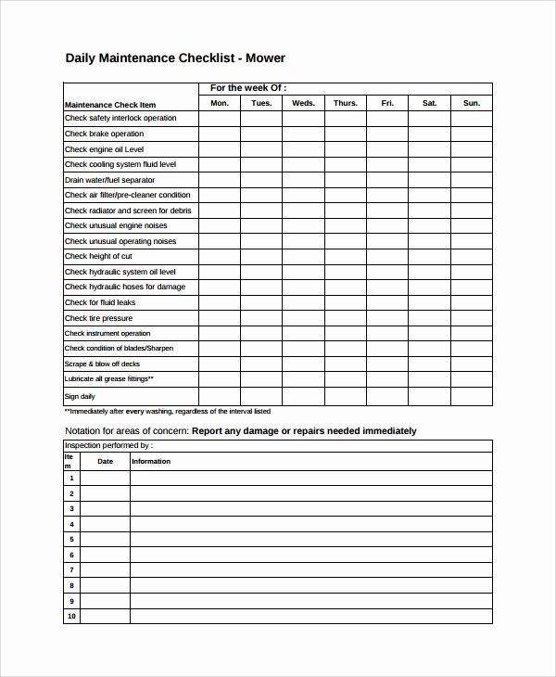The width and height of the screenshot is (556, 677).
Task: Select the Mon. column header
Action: pyautogui.click(x=220, y=103)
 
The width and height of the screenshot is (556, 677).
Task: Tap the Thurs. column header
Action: pyautogui.click(x=345, y=103)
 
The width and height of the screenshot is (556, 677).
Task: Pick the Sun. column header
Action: pyautogui.click(x=472, y=103)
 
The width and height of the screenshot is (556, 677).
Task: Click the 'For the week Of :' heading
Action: pyautogui.click(x=248, y=88)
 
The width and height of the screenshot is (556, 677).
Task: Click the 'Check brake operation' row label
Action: pyautogui.click(x=105, y=134)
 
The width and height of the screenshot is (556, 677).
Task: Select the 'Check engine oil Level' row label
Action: pyautogui.click(x=104, y=149)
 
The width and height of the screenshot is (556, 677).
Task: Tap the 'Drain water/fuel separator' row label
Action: pyautogui.click(x=109, y=180)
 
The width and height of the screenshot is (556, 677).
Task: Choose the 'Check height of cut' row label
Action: pyautogui.click(x=98, y=256)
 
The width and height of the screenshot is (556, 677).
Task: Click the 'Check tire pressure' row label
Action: pyautogui.click(x=98, y=318)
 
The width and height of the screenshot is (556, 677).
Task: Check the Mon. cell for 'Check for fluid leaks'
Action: pyautogui.click(x=220, y=302)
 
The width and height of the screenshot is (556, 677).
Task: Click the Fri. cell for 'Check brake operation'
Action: pyautogui.click(x=387, y=134)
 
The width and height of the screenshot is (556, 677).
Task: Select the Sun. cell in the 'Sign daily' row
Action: pyautogui.click(x=472, y=396)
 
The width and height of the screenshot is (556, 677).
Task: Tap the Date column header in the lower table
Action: pyautogui.click(x=106, y=461)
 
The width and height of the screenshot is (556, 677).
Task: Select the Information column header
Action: pyautogui.click(x=152, y=461)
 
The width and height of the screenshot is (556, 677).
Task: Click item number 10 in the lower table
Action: pyautogui.click(x=71, y=616)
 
